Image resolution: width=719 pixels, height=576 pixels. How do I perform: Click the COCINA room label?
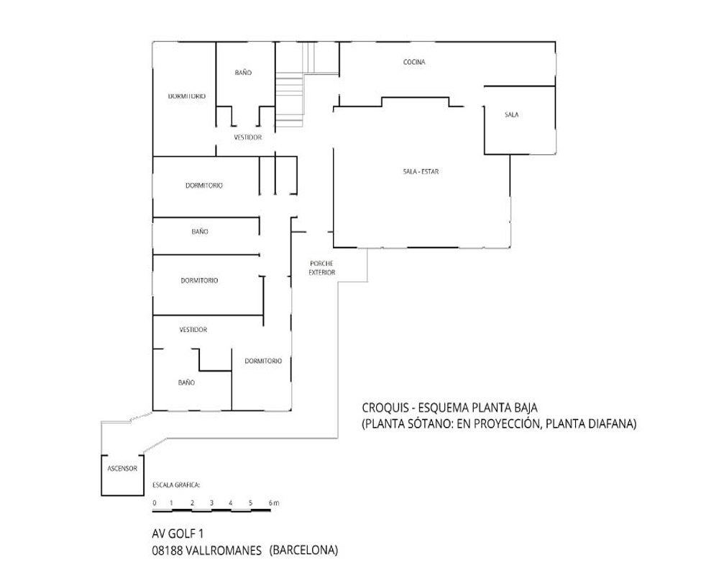click(x=414, y=62)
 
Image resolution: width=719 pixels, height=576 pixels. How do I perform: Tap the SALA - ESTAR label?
click(x=421, y=171)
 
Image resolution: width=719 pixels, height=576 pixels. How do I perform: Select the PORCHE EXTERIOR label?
click(x=322, y=268)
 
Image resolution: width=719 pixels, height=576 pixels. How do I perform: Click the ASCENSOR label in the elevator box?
click(x=122, y=469)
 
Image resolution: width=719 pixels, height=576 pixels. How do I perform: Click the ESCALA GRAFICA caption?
click(x=177, y=485)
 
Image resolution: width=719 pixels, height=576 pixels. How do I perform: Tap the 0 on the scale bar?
click(x=155, y=503)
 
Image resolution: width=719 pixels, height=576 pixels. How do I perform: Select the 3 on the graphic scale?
click(x=211, y=503)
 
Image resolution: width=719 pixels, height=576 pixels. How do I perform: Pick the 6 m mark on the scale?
click(x=274, y=503)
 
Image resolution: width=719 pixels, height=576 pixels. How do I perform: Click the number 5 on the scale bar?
click(x=250, y=503)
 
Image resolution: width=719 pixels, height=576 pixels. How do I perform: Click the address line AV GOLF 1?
click(x=178, y=534)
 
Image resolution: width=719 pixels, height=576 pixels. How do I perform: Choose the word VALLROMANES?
click(x=224, y=550)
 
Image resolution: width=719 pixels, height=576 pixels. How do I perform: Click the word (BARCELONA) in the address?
click(x=303, y=550)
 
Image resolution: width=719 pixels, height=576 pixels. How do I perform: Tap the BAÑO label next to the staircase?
click(x=243, y=73)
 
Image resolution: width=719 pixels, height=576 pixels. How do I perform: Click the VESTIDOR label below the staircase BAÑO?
click(x=247, y=138)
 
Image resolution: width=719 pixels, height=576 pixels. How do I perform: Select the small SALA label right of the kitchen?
click(x=512, y=114)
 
